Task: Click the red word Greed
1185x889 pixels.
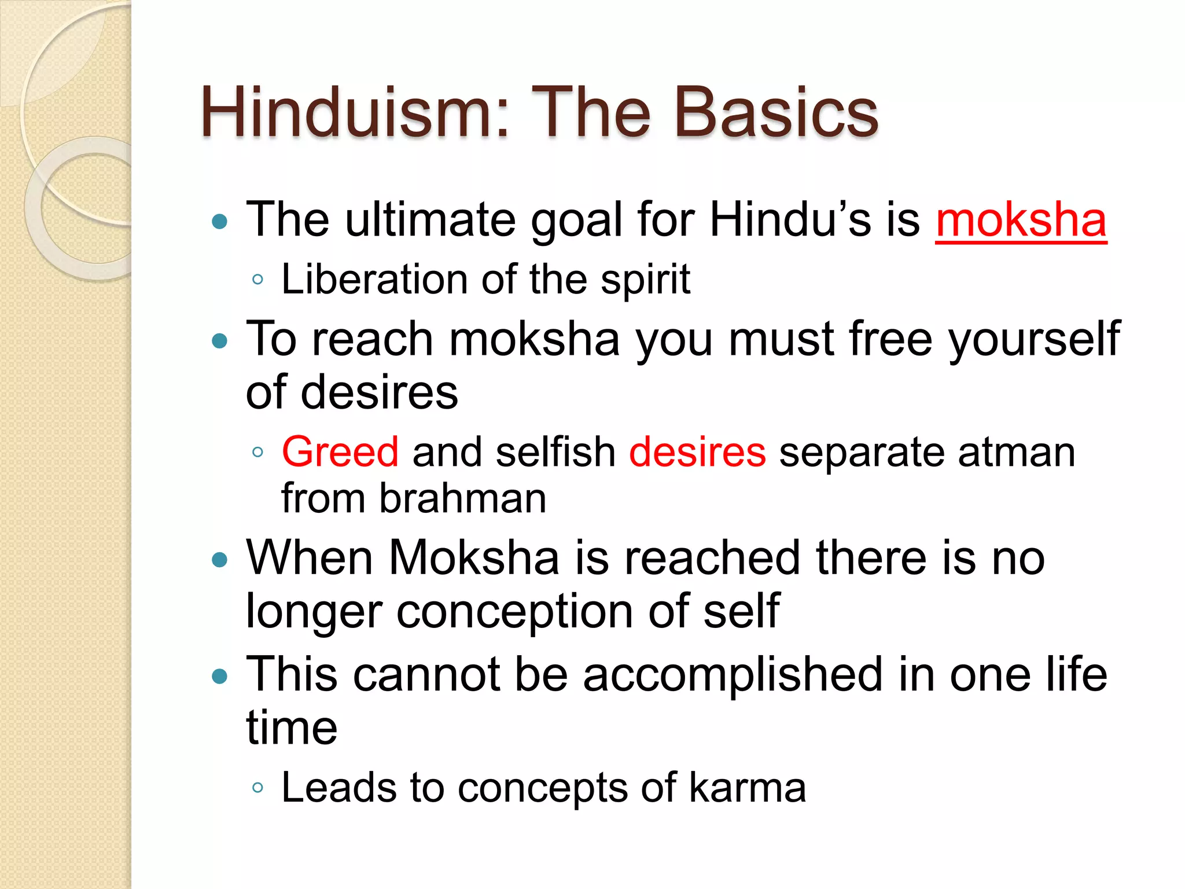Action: pos(340,452)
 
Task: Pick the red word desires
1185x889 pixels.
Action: pos(697,452)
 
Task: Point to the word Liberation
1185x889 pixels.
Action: pos(374,280)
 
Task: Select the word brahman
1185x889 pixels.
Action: pos(462,498)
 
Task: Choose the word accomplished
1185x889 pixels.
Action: pos(733,675)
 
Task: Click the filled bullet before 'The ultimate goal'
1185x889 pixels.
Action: pos(220,221)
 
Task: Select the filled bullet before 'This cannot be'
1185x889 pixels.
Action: pos(220,676)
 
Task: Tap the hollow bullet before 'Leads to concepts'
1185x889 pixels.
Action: pos(258,788)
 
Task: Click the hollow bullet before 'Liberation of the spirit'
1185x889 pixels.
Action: pos(258,280)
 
